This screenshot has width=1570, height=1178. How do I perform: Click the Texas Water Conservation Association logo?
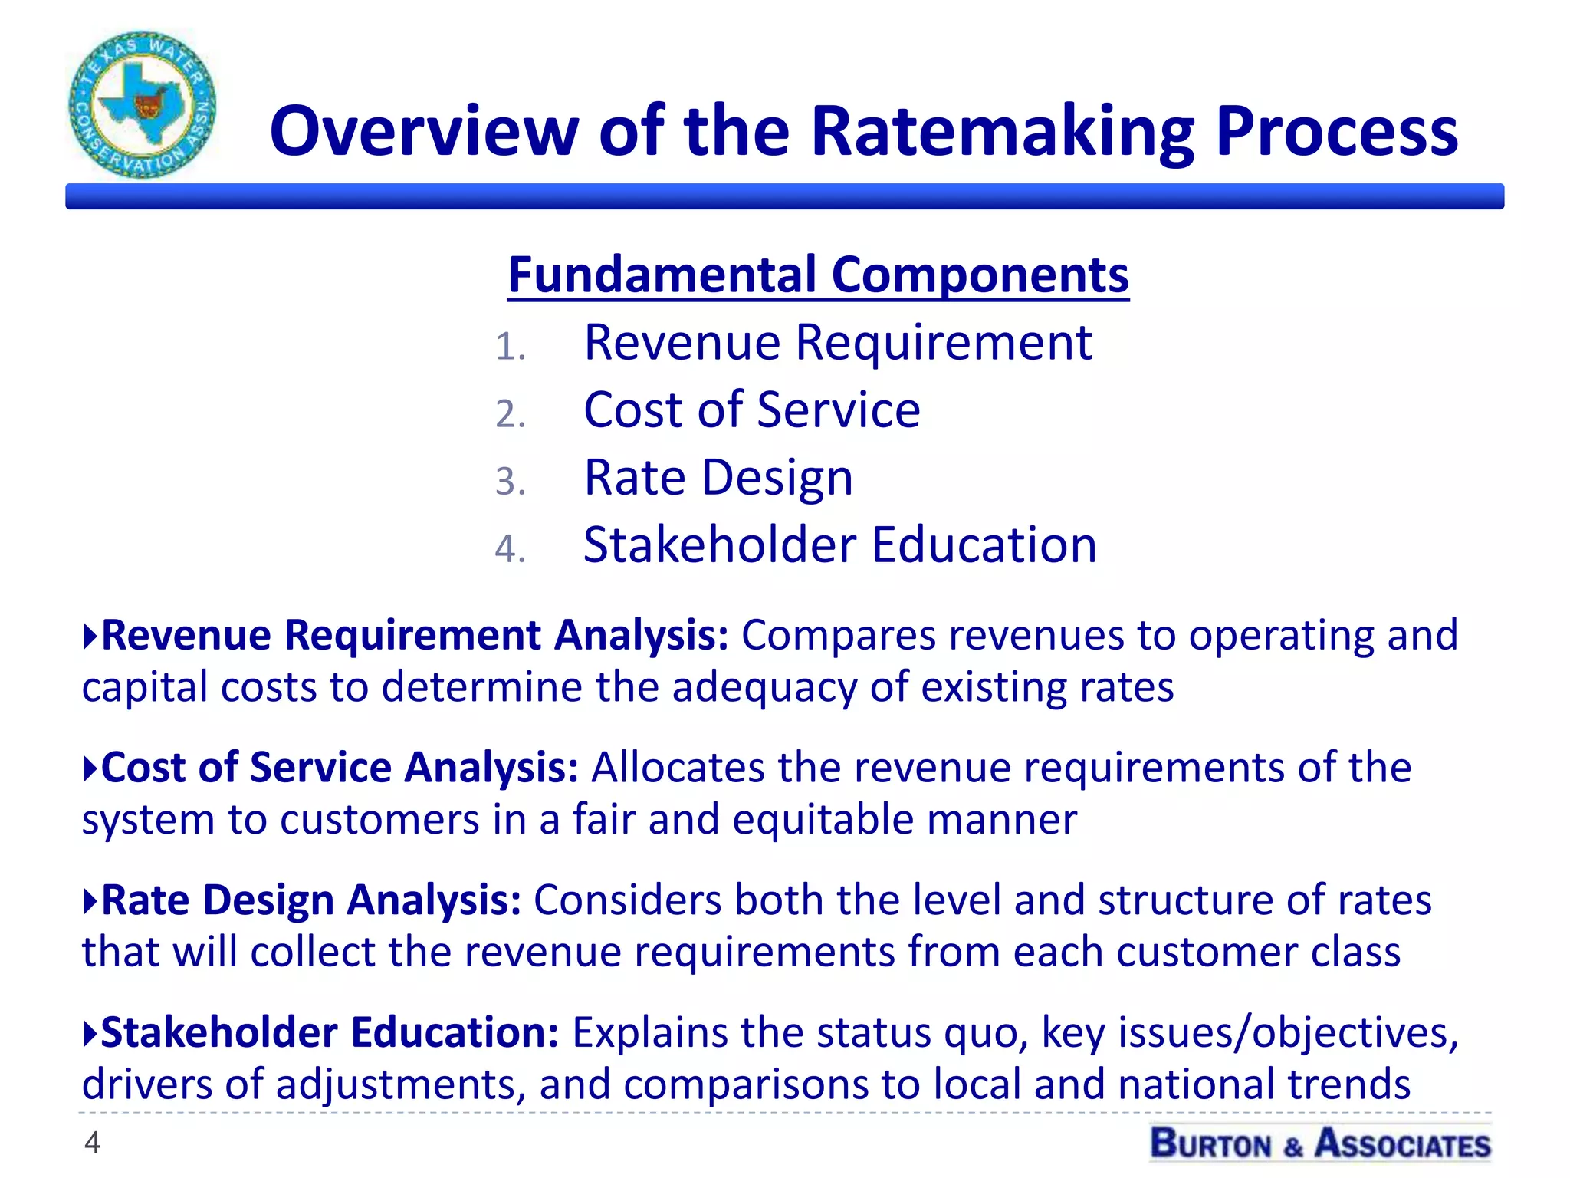click(x=142, y=105)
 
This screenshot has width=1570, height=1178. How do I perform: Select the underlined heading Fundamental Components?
click(x=818, y=275)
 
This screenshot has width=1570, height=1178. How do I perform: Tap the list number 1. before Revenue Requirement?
click(x=510, y=347)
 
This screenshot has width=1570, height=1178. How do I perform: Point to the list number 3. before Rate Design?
click(x=510, y=482)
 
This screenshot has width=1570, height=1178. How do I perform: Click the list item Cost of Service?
click(x=751, y=410)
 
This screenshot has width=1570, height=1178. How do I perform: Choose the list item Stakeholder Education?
click(x=839, y=545)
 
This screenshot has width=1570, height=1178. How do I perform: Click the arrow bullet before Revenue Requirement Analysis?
click(x=90, y=636)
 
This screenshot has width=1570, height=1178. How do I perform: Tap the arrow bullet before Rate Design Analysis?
click(x=90, y=900)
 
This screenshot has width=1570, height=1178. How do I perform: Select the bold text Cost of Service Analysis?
click(x=340, y=768)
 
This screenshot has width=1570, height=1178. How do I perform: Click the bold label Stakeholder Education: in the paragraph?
click(x=330, y=1032)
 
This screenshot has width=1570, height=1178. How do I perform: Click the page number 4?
click(x=92, y=1143)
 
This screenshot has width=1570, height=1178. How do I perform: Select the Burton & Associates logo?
click(x=1320, y=1143)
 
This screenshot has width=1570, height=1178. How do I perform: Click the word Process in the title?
click(x=1336, y=132)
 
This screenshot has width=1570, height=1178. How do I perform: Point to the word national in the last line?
click(x=1195, y=1084)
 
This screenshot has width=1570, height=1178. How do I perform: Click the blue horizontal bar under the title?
click(x=784, y=196)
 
